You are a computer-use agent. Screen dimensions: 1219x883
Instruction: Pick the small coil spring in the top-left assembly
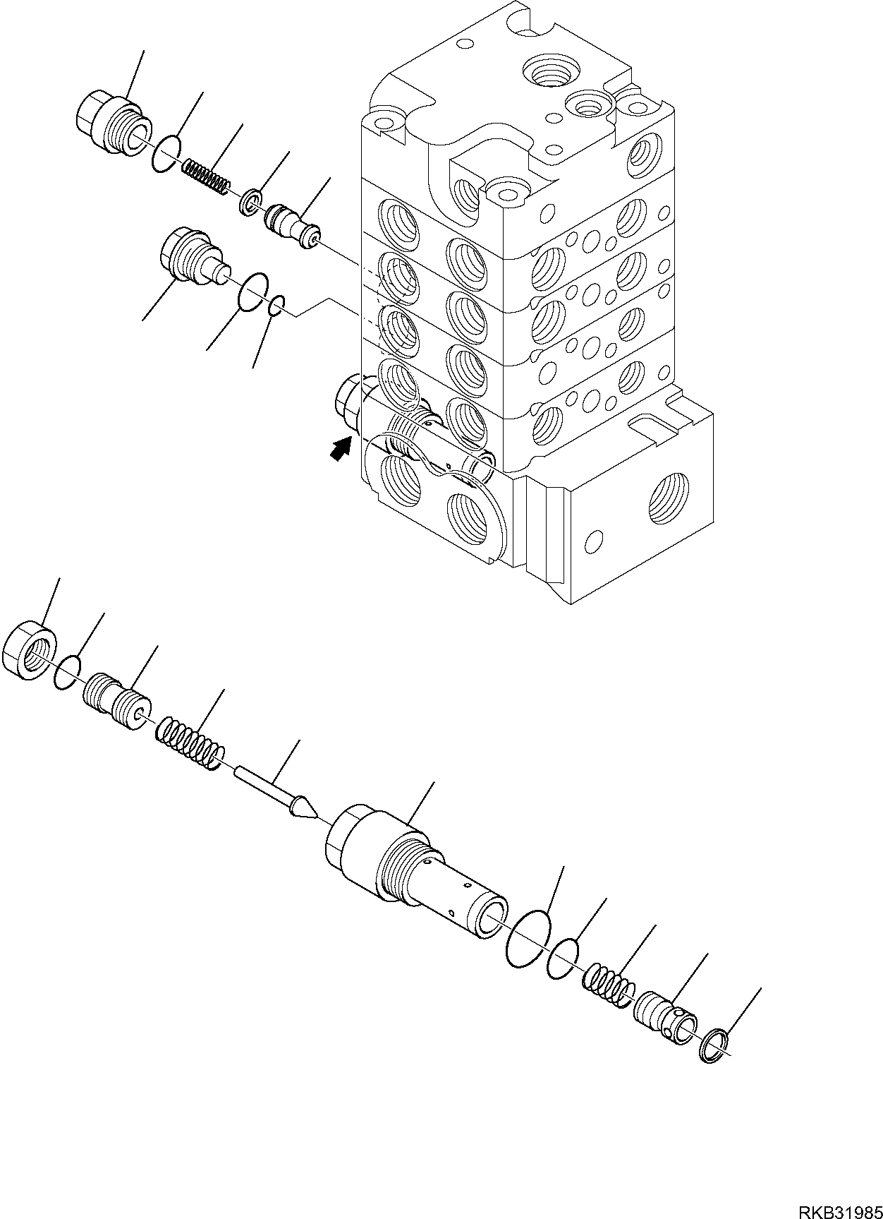[x=205, y=177]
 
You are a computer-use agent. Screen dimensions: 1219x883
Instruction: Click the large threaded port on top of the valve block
[x=551, y=73]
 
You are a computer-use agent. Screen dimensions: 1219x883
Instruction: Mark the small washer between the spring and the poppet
[x=251, y=200]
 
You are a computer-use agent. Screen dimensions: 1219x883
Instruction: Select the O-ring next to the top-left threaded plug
[x=166, y=153]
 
